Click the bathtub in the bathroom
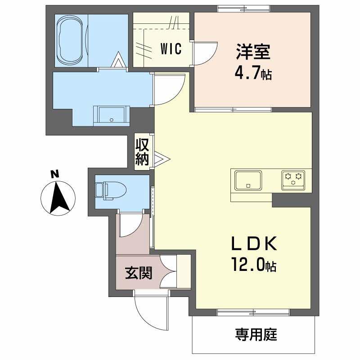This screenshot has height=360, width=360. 71,40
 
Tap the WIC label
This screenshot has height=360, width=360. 171,49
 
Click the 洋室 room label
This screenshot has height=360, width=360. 253,52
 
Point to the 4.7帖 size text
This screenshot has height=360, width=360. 253,73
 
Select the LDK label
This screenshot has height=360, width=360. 254,243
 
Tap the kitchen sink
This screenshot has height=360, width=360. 248,180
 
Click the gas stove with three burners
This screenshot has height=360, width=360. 293,180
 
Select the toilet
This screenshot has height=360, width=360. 111,190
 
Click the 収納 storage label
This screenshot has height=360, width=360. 142,152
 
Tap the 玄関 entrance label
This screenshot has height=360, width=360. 139,273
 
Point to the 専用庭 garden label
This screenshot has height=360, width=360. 256,334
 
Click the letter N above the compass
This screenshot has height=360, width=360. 54,174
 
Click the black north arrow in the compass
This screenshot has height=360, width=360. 59,197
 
